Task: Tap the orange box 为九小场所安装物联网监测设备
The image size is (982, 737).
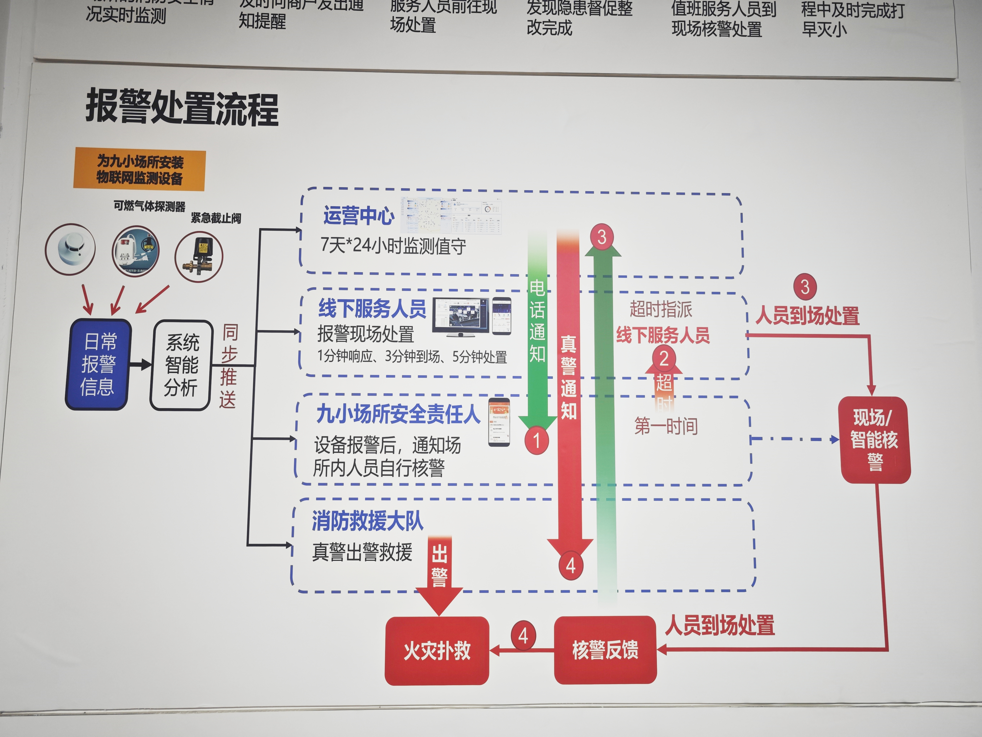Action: pyautogui.click(x=139, y=170)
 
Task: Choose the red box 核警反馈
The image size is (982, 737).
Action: pyautogui.click(x=605, y=649)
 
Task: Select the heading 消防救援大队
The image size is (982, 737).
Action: pyautogui.click(x=367, y=521)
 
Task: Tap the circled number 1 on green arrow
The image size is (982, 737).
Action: pyautogui.click(x=536, y=441)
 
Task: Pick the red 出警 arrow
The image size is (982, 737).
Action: pyautogui.click(x=439, y=573)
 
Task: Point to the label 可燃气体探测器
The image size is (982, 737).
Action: pyautogui.click(x=149, y=206)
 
